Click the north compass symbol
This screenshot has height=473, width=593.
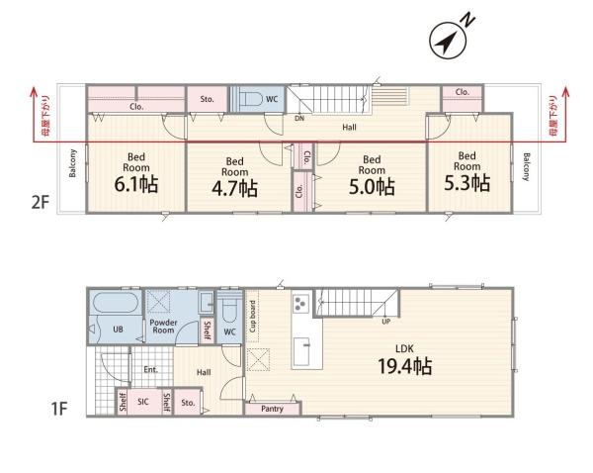449,41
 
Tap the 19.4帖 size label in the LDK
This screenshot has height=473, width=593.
404,366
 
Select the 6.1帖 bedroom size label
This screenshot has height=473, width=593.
135,184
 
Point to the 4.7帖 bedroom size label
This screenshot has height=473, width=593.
234,188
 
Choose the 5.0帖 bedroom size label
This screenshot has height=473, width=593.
372,187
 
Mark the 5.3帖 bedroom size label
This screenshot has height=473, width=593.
466,183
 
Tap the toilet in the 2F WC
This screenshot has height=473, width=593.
251,99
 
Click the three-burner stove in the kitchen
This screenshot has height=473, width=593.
301,304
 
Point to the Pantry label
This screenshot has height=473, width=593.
272,409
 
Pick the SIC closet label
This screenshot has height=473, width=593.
143,402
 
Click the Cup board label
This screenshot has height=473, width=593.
252,317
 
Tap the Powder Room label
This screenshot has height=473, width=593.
163,327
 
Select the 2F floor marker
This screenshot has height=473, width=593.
41,203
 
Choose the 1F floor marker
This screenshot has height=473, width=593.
59,409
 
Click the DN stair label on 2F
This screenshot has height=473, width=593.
299,118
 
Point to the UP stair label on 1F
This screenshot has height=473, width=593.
385,322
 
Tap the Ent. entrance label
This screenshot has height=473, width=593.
150,369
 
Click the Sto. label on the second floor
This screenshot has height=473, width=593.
207,99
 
